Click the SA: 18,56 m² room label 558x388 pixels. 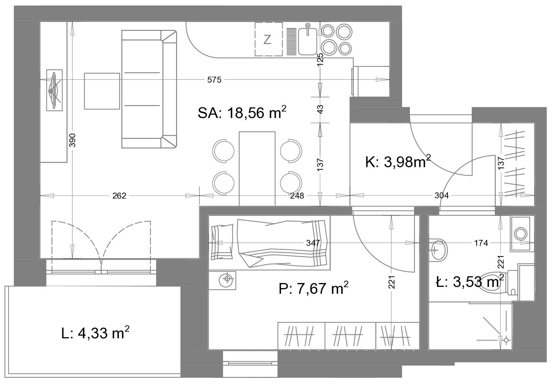click(x=242, y=112)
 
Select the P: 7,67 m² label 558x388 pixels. click(x=313, y=288)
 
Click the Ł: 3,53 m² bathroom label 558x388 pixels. click(x=470, y=282)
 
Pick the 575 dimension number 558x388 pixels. click(x=214, y=80)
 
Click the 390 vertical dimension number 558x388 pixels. click(x=72, y=140)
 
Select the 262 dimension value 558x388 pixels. click(x=119, y=196)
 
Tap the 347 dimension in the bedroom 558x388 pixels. click(x=313, y=243)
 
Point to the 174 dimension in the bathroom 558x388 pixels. click(x=481, y=243)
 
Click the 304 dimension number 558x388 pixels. click(x=441, y=196)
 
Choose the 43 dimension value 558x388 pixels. click(x=320, y=110)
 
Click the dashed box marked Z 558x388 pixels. click(x=269, y=39)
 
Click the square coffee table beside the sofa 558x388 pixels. click(x=102, y=91)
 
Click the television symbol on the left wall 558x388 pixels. click(x=54, y=90)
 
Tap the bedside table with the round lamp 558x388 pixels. click(x=222, y=281)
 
